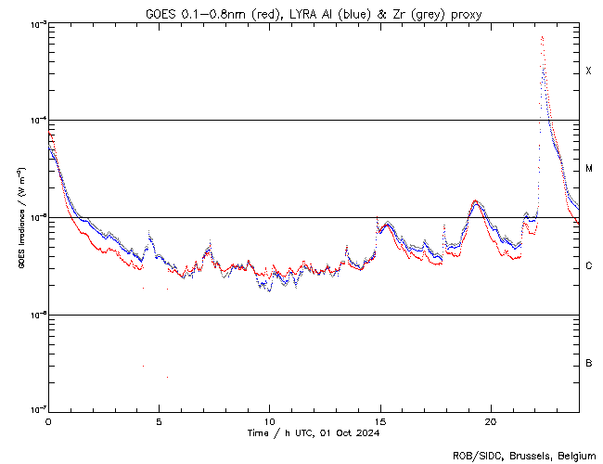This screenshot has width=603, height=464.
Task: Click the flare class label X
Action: coord(588,71)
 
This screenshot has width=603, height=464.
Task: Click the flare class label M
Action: coord(588,169)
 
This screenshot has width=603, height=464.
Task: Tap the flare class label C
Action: coord(588,266)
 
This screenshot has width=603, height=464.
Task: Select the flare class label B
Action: coord(588,363)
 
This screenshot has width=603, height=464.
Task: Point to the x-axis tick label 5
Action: coord(159,421)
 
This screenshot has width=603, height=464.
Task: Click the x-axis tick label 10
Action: coord(269,421)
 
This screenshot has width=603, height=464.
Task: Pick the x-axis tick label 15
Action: coord(379,421)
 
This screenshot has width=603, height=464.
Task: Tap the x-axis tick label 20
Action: coord(490,421)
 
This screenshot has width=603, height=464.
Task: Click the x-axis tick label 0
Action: coord(48,421)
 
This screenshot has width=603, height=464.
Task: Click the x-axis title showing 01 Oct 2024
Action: coord(349,432)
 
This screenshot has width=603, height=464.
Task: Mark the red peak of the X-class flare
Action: coord(542,37)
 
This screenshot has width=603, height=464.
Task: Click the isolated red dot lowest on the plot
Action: coord(167,377)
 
